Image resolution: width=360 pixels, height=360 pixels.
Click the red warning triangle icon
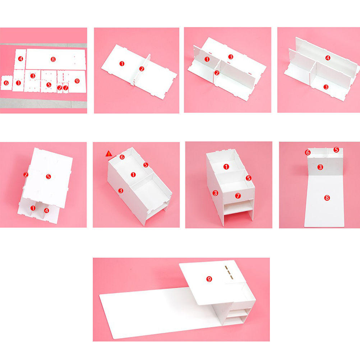pos(109,154)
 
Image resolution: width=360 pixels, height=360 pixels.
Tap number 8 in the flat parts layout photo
pos(53,60)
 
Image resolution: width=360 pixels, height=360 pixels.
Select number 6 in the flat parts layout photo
pos(6,83)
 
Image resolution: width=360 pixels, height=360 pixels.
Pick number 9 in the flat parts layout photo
pos(77,81)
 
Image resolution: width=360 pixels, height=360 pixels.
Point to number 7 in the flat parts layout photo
pos(66,88)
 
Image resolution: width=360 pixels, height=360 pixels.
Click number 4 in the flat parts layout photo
pos(21,59)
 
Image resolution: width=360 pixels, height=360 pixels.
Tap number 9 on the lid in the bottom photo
pos(209,279)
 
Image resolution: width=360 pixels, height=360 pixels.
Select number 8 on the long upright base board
pos(327,198)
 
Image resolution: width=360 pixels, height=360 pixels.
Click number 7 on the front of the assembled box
pos(238,195)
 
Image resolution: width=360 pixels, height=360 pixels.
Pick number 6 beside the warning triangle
pos(122,157)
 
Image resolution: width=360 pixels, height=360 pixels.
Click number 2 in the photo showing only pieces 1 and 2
pos(142,69)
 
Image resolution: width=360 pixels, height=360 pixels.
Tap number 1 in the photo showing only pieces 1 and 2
pos(122,64)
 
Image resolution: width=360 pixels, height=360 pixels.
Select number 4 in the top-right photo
pos(328,58)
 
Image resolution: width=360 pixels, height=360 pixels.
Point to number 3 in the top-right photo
pos(326,87)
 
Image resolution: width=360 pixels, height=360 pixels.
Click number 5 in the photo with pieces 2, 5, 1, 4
pos(48,176)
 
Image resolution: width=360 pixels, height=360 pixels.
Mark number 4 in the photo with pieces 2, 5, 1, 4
pos(46,210)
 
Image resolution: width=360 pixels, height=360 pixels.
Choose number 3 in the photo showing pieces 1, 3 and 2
pos(231,57)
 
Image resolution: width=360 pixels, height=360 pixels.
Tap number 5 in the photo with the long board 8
pos(336,150)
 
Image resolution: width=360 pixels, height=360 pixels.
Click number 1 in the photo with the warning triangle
pos(133,175)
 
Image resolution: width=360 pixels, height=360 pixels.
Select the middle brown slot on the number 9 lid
pos(228,272)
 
